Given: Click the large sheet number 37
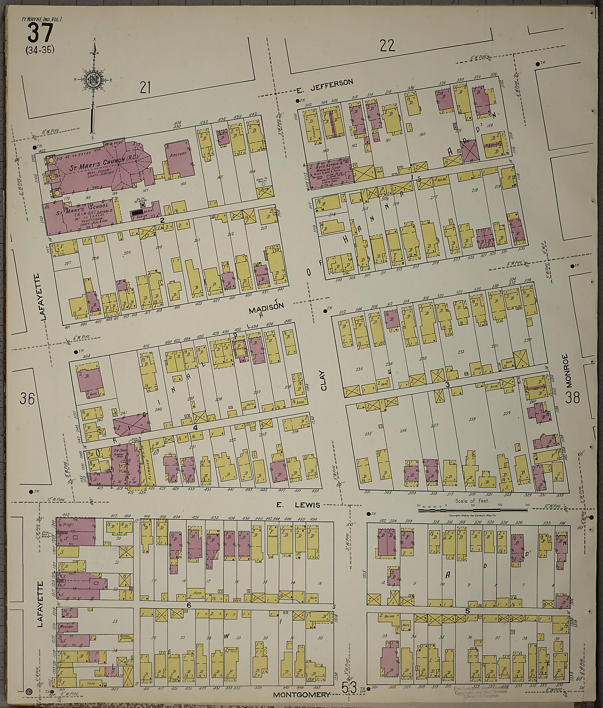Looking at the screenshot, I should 40,34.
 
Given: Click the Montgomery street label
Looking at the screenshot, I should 302,694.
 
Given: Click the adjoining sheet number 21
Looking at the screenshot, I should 145,88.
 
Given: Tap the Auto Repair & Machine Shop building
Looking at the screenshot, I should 329,174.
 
